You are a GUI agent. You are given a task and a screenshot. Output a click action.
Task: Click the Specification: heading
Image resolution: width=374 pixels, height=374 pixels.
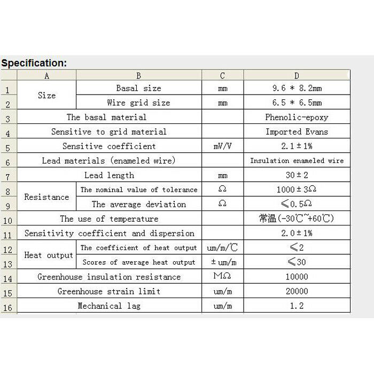coord(34,63)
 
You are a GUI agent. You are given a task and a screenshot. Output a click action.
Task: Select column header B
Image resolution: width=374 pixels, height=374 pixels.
coord(138,76)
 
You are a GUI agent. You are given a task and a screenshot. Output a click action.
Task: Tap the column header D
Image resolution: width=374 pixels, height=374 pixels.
coord(297,76)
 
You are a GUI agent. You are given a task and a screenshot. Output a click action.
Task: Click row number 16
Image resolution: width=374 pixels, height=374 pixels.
coord(8,308)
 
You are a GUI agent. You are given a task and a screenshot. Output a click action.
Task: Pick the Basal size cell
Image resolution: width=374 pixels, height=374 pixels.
coord(138,88)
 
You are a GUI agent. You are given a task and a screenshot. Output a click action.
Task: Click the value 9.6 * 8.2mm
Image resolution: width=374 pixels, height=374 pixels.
coord(297,88)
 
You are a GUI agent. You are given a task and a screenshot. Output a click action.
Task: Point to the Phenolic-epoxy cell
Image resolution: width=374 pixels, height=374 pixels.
coord(297,117)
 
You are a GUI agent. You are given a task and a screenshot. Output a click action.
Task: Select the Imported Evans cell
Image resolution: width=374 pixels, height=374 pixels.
coord(297,131)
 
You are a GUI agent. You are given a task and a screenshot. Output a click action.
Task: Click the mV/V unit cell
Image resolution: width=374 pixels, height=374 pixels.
coord(222,146)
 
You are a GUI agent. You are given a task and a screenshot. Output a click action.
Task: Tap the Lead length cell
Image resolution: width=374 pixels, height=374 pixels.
coord(109,175)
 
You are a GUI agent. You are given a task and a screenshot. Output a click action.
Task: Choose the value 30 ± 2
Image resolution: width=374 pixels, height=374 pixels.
coord(297,175)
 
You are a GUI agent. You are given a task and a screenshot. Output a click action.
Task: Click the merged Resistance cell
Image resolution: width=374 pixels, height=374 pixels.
coord(46,197)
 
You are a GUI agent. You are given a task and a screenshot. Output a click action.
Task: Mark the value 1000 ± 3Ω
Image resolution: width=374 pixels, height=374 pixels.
coord(297,190)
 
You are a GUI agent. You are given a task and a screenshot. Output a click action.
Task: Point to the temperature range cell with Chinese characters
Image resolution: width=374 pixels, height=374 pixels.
coord(297,219)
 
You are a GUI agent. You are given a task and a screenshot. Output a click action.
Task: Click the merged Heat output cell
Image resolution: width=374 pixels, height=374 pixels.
coord(48,255)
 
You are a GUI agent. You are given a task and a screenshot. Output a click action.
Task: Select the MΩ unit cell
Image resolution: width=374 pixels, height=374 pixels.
coord(222,277)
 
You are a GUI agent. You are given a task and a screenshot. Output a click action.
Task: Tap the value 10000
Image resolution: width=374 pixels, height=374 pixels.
coord(297,277)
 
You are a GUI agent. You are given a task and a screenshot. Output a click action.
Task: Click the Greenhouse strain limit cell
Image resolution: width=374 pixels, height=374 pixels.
coord(109,291)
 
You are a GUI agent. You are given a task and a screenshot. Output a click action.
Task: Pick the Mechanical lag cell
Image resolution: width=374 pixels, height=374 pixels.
coord(109,306)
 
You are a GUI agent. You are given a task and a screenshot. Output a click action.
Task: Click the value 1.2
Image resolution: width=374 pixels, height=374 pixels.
coord(297,306)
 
